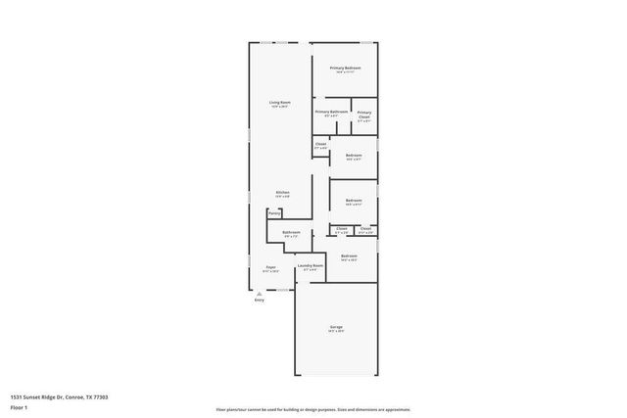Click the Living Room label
click(x=280, y=102)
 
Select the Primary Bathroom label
click(x=331, y=112)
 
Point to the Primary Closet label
click(x=363, y=114)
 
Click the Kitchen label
click(x=281, y=193)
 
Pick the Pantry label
click(x=274, y=212)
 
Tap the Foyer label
click(x=271, y=266)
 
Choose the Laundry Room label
click(x=311, y=265)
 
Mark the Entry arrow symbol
click(x=259, y=293)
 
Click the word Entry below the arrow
click(x=259, y=300)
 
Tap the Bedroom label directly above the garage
click(x=348, y=256)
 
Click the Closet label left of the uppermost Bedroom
click(x=320, y=144)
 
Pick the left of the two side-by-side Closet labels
click(x=342, y=229)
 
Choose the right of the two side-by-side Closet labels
click(x=364, y=229)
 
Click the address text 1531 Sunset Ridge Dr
click(x=59, y=396)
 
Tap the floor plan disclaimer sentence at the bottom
click(x=313, y=409)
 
